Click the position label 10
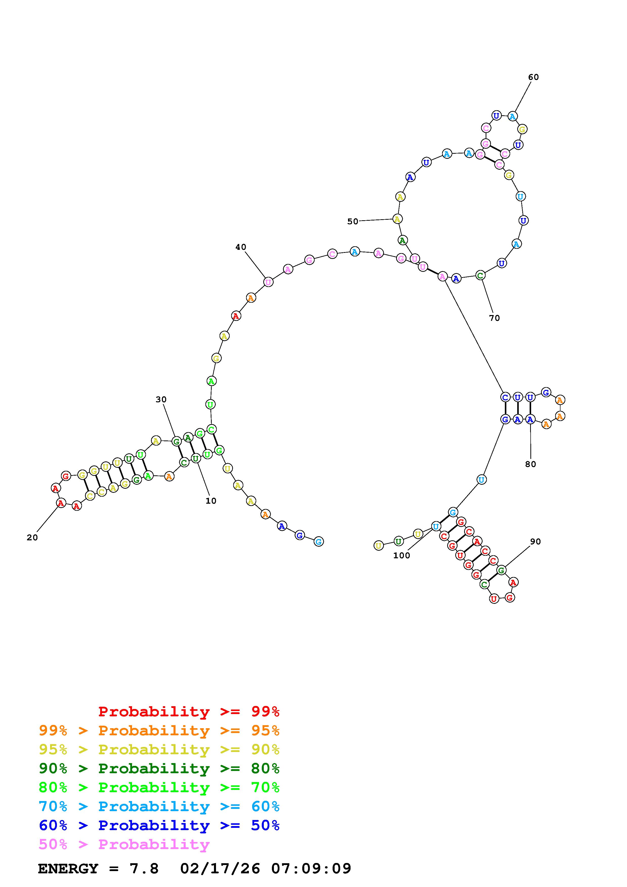click(x=211, y=501)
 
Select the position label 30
click(x=161, y=400)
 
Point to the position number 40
click(x=241, y=247)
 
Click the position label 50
click(x=353, y=221)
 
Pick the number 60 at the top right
click(x=533, y=77)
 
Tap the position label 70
click(x=494, y=318)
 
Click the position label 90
click(x=535, y=542)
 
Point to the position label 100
click(x=402, y=556)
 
